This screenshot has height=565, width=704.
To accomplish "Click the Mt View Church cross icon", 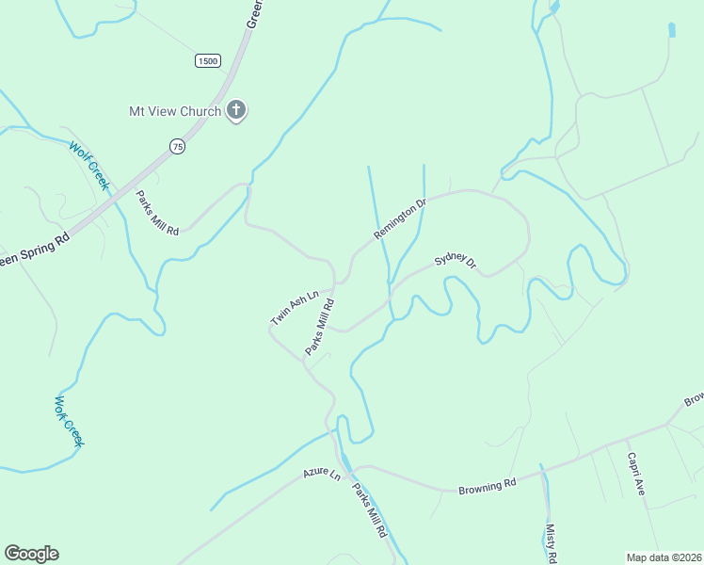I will coord(236,111).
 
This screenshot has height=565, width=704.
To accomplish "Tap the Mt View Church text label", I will coord(175,111).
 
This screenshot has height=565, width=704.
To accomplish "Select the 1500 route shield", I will coord(208,61).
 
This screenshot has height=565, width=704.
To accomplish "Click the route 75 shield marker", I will coord(177,146).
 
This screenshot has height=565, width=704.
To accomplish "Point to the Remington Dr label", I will coord(400,218).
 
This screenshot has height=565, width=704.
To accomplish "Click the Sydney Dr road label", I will coord(456,262).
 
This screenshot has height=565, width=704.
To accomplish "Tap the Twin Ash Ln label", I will coord(295,308).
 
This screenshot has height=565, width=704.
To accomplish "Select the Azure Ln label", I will coord(322,474).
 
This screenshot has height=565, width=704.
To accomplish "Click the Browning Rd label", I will coord(488,487).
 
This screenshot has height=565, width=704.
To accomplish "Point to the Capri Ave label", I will coord(636,474).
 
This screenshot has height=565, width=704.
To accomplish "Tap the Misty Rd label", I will coord(551,544).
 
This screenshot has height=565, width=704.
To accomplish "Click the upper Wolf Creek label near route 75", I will coord(89,166).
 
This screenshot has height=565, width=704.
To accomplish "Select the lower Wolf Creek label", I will coord(69,421).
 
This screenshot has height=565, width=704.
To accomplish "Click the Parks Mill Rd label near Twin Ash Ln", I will coord(320,328).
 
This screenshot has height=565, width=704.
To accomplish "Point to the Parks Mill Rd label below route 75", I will coord(157,213).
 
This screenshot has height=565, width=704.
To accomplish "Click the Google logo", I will coord(31,554).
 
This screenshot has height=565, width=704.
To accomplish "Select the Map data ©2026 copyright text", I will coord(664,557).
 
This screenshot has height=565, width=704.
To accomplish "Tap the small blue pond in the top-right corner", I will coord(672,29).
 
